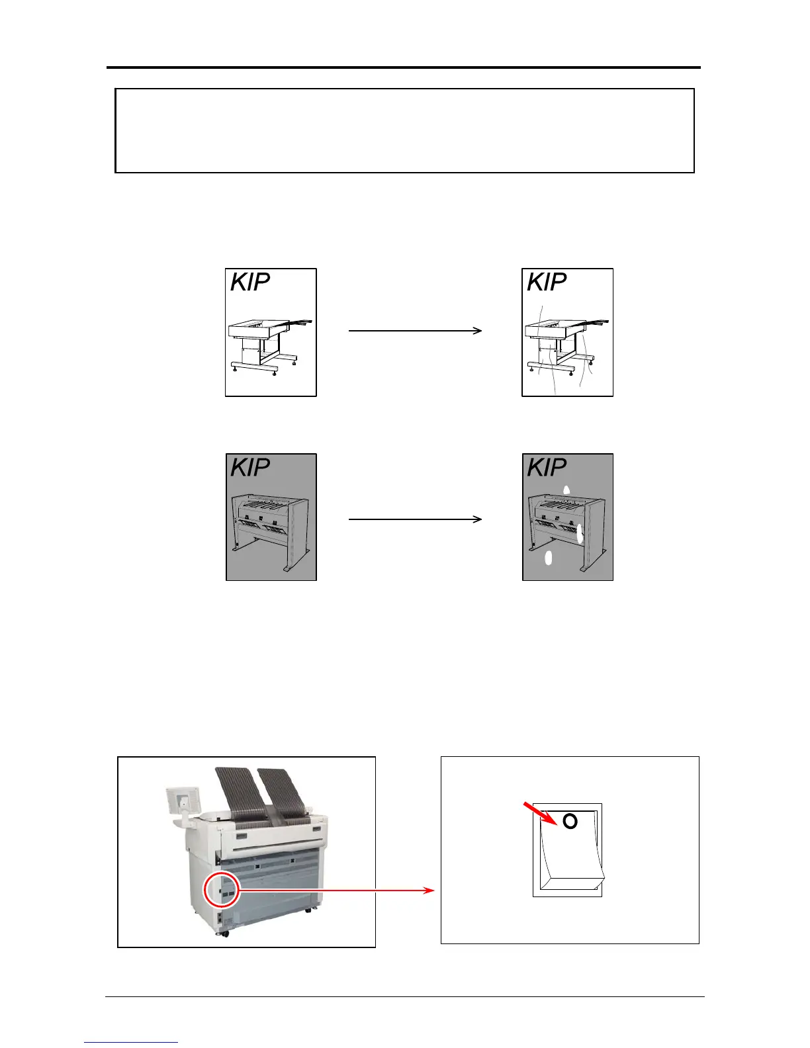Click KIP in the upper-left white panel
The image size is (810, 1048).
point(250,283)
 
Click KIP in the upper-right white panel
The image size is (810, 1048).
point(547,283)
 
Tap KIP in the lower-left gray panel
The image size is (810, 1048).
point(250,468)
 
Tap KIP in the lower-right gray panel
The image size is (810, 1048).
point(547,468)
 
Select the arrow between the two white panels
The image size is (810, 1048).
point(415,330)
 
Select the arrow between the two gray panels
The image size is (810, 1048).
point(415,519)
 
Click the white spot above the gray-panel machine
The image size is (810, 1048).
point(566,490)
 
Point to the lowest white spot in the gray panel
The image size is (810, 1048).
point(548,558)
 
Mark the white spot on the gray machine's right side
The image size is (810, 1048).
point(580,533)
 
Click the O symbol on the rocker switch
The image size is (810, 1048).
point(570,821)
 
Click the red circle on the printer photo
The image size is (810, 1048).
point(221,890)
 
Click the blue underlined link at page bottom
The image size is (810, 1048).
point(131,1042)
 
